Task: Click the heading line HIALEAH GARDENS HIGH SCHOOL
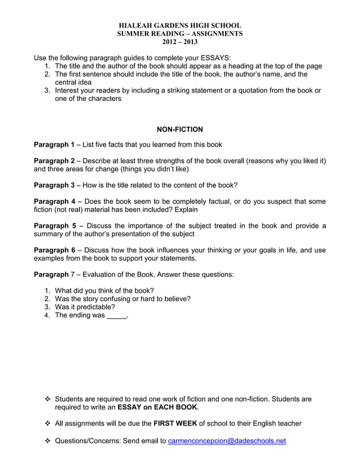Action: pyautogui.click(x=179, y=25)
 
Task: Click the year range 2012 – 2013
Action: pyautogui.click(x=179, y=42)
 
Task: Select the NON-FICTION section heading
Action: pyautogui.click(x=179, y=130)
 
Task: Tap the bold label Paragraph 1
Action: pyautogui.click(x=54, y=144)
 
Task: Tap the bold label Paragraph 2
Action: pyautogui.click(x=54, y=161)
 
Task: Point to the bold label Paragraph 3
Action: pyautogui.click(x=54, y=185)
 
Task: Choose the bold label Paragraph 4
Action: pyautogui.click(x=54, y=201)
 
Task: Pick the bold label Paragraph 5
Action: pyautogui.click(x=54, y=226)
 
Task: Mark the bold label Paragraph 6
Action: pyautogui.click(x=54, y=250)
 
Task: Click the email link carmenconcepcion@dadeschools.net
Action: pyautogui.click(x=227, y=441)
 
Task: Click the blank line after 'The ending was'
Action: pyautogui.click(x=117, y=316)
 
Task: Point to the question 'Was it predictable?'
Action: pyautogui.click(x=85, y=307)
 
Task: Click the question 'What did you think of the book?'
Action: pyautogui.click(x=104, y=291)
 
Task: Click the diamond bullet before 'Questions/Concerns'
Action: pyautogui.click(x=48, y=441)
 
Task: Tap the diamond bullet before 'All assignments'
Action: pyautogui.click(x=48, y=423)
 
